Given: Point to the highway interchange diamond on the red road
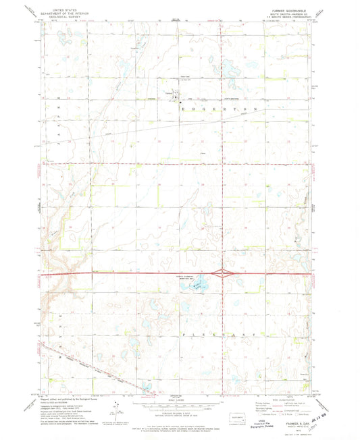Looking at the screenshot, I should (x=223, y=273).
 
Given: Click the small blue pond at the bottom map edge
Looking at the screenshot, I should (x=148, y=387).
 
